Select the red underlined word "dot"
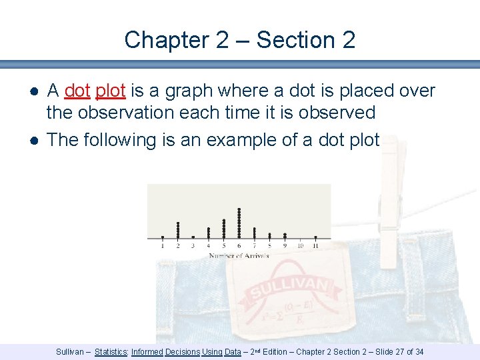click(x=77, y=91)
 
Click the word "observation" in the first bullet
click(x=121, y=112)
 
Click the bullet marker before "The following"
click(x=33, y=140)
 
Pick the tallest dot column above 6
click(x=239, y=223)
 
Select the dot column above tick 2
click(x=178, y=230)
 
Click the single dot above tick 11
click(x=315, y=237)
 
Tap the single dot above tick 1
click(x=162, y=237)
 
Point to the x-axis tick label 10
click(x=300, y=246)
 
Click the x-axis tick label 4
click(x=208, y=246)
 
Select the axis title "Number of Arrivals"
click(x=239, y=255)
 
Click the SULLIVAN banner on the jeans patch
click(x=289, y=289)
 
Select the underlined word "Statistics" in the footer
click(x=111, y=352)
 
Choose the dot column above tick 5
click(x=223, y=228)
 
